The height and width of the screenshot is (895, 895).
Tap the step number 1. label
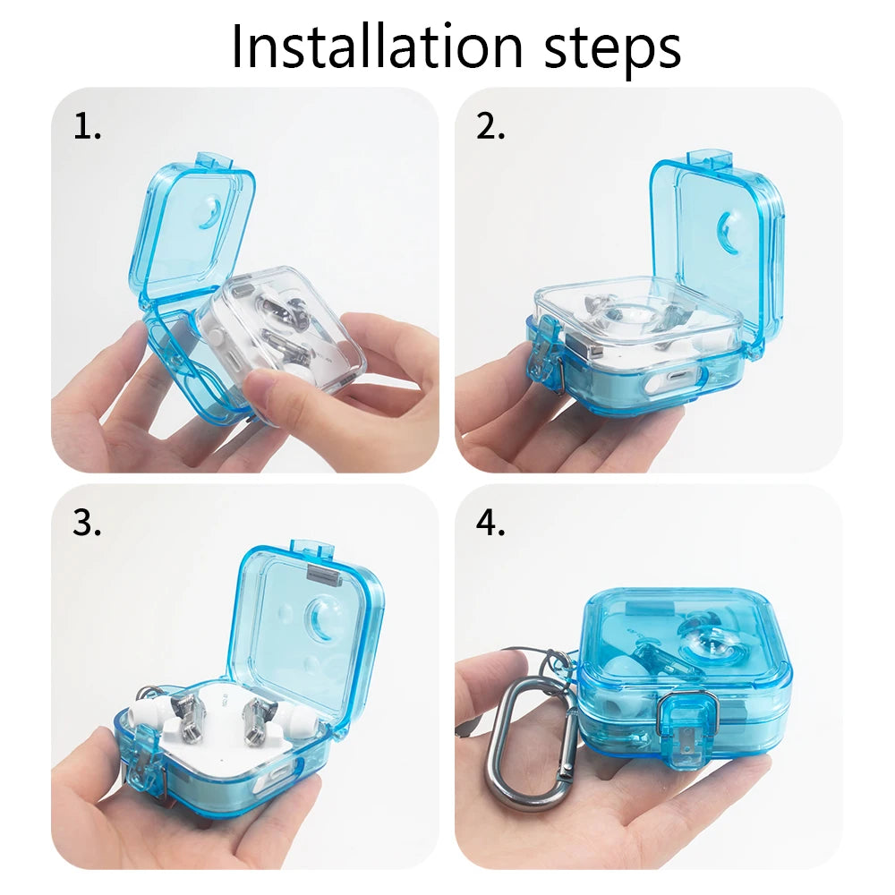click(87, 128)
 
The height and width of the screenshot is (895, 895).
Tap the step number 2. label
click(490, 128)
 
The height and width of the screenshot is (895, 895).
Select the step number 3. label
click(87, 524)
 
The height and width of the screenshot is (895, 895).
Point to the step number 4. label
click(490, 524)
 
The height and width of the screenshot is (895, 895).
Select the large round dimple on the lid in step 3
click(322, 618)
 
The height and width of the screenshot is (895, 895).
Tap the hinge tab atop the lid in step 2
click(709, 160)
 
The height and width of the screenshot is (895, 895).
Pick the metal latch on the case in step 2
click(548, 362)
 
